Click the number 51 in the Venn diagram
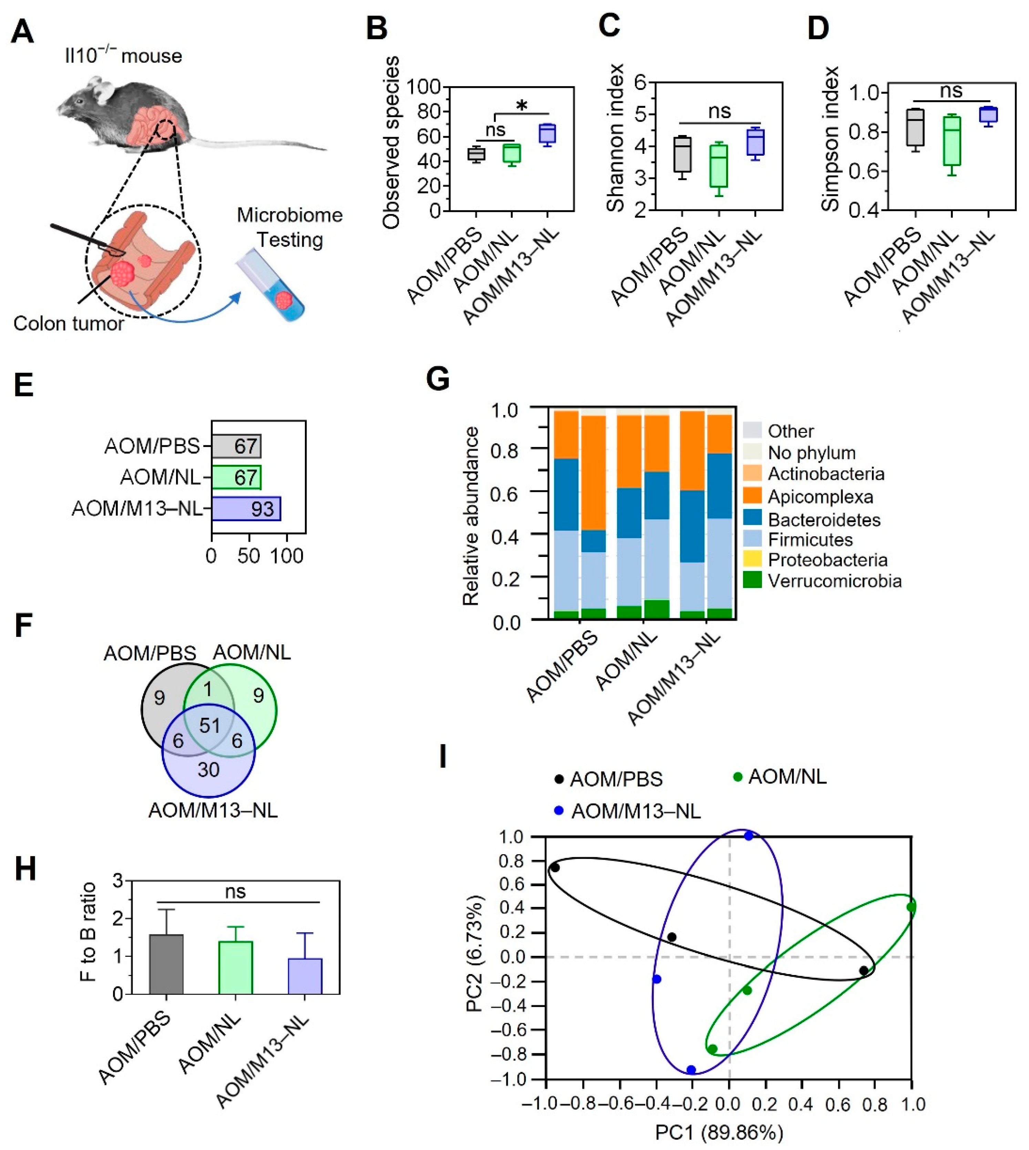(x=210, y=725)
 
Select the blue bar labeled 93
(x=246, y=509)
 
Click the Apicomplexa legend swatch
(x=752, y=497)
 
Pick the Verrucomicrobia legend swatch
(x=752, y=580)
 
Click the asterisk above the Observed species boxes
(x=522, y=106)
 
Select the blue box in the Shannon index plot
(x=756, y=142)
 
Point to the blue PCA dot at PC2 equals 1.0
(x=749, y=836)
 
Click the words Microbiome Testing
(x=289, y=227)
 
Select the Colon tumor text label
(x=69, y=323)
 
